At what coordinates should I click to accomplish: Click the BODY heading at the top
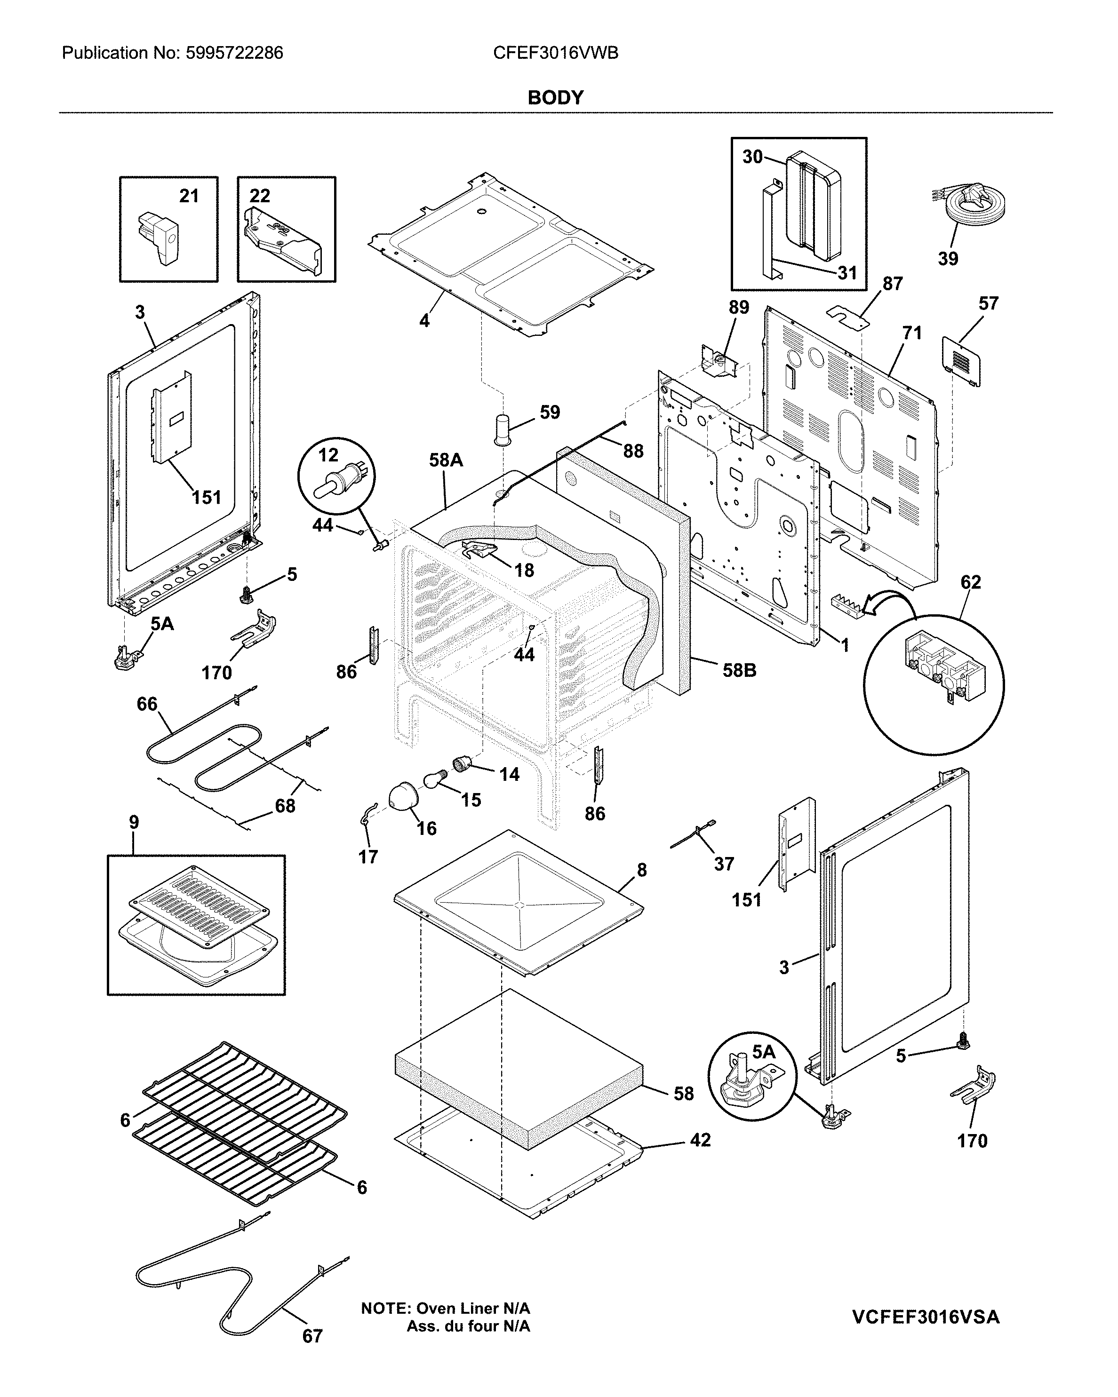point(555,98)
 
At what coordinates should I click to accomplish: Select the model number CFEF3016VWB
point(555,53)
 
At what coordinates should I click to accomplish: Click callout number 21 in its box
point(189,196)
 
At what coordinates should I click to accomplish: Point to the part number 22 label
point(259,196)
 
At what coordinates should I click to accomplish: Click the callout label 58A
point(446,460)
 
